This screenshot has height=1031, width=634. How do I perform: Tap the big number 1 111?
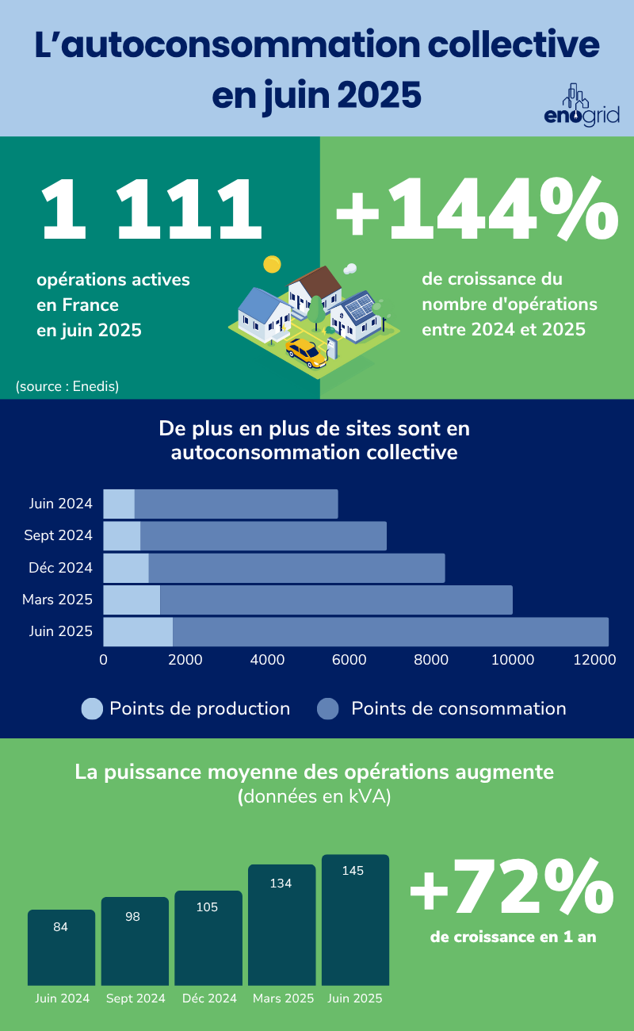point(151,210)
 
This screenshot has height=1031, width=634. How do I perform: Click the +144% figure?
point(475,210)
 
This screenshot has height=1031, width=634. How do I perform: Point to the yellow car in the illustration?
point(307,352)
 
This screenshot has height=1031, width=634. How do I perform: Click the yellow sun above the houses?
point(272,263)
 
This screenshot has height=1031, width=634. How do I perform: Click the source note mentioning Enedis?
point(67,387)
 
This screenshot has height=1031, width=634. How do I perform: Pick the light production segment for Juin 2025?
point(138,631)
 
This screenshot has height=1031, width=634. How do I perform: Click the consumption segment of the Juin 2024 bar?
point(236,504)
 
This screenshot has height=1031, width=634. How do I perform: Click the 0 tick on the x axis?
point(104,659)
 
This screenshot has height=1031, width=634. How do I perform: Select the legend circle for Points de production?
point(92,708)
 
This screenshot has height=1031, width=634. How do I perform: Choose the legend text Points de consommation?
point(458,708)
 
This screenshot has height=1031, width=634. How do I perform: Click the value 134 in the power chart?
point(281,883)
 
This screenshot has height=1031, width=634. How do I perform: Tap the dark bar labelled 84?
point(61,948)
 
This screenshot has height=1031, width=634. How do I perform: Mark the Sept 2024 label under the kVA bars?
point(136,998)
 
